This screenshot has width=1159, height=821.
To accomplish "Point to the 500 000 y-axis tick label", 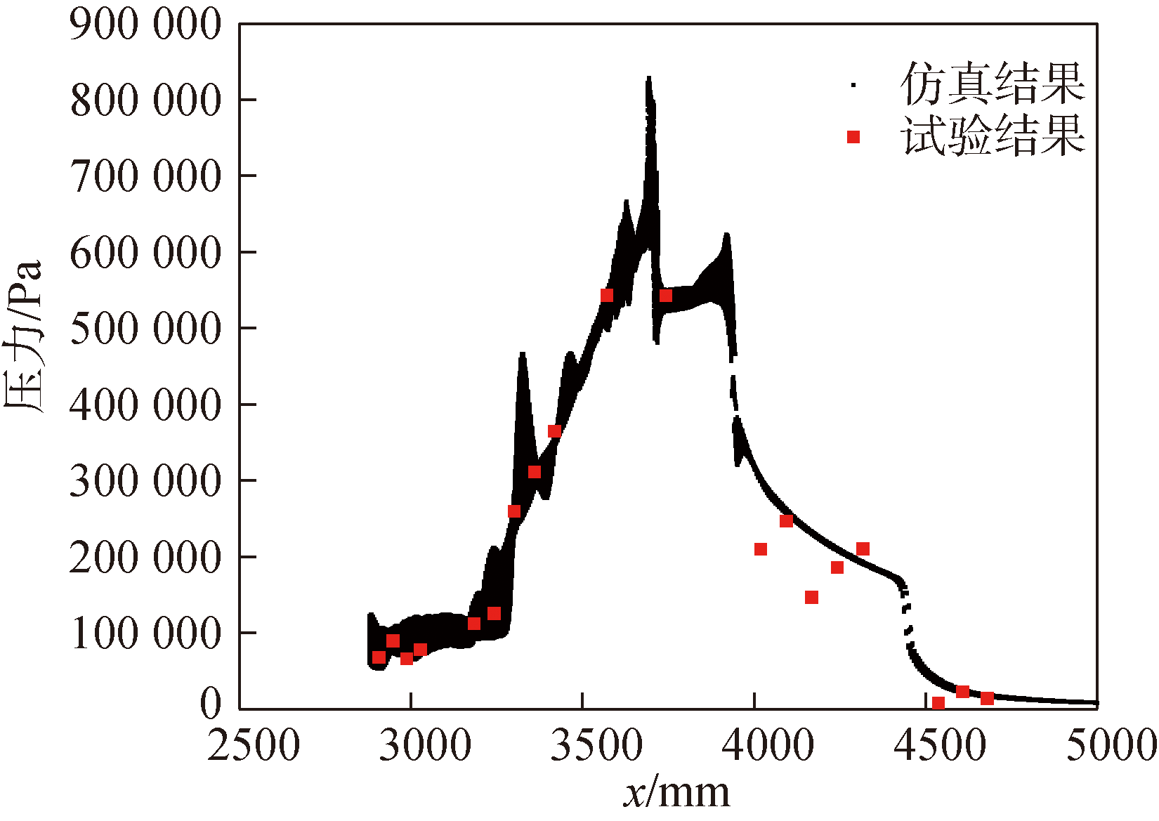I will click(x=145, y=328).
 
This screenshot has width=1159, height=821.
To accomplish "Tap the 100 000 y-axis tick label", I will click(x=145, y=633).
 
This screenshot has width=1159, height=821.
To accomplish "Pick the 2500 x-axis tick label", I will click(x=254, y=745).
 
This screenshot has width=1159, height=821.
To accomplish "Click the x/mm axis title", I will click(x=676, y=792).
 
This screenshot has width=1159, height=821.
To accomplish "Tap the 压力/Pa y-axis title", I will click(x=24, y=337).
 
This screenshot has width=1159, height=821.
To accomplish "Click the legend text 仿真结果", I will click(x=993, y=84).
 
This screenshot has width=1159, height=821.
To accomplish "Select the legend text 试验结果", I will click(x=993, y=136).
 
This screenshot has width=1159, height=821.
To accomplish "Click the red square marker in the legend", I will click(x=853, y=137).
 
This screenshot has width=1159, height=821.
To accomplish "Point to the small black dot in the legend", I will click(x=853, y=84).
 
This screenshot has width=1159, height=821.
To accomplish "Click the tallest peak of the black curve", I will click(x=649, y=79).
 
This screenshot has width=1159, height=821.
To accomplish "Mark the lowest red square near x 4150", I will click(x=811, y=597).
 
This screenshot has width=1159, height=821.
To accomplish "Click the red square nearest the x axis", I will click(x=938, y=702).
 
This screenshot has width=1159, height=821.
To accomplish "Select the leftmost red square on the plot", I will click(x=379, y=657).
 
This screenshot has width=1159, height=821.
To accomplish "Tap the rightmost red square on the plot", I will click(x=987, y=698).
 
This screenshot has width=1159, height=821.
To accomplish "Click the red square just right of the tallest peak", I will click(x=666, y=296).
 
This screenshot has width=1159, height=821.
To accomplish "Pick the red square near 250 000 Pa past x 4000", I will click(x=787, y=521).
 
